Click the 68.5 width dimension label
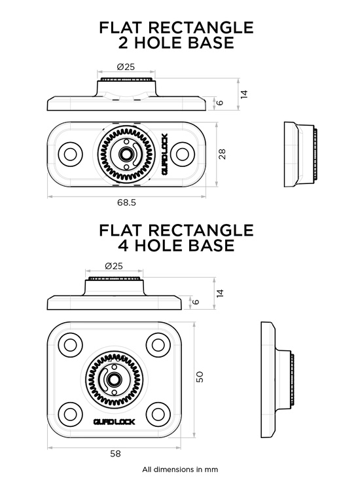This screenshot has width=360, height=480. (126, 203)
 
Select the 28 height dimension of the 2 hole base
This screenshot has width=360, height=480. (222, 153)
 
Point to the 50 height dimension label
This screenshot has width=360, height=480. (201, 377)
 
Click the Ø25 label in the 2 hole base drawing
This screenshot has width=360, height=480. (126, 67)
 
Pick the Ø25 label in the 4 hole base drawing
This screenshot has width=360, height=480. (113, 266)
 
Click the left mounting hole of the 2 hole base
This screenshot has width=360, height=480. (70, 154)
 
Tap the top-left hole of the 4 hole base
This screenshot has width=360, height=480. (70, 344)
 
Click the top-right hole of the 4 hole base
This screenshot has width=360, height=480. (157, 344)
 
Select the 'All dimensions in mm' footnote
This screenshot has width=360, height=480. (180, 470)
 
